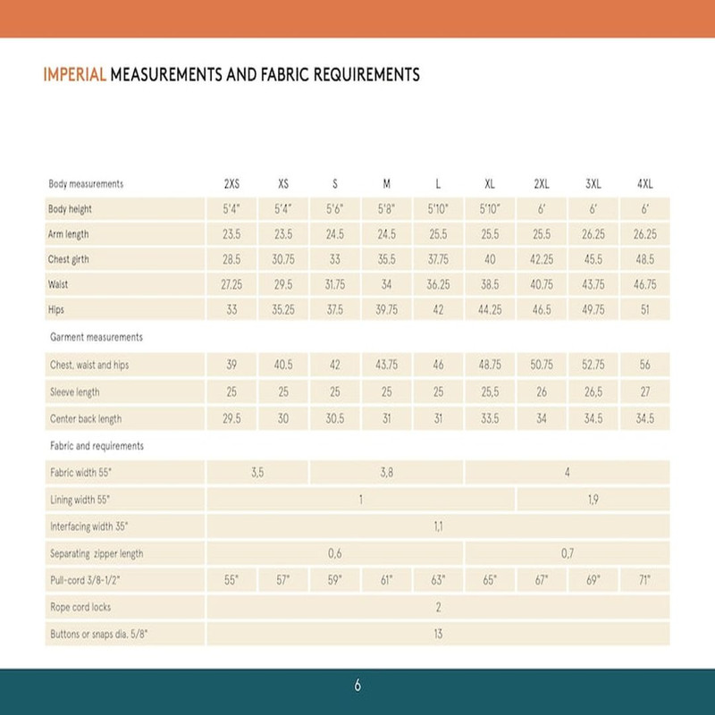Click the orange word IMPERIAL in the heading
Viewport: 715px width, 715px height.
pos(75,75)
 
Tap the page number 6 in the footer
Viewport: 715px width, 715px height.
pos(357,686)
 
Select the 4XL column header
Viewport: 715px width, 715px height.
pos(644,184)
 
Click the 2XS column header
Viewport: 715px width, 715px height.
pos(231,184)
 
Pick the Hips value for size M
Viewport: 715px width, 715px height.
pos(387,310)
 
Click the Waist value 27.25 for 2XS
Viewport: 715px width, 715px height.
pos(231,285)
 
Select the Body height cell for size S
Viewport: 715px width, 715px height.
pos(335,210)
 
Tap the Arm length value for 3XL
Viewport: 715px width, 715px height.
pos(593,235)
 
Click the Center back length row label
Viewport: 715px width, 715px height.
pos(86,418)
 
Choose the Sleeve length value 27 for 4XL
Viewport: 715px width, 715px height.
pos(644,392)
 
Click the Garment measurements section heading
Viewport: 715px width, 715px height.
pos(96,338)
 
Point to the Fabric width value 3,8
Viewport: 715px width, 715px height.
pos(387,473)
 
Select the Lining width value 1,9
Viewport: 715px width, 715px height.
pos(593,500)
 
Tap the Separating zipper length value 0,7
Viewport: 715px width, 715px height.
pos(567,553)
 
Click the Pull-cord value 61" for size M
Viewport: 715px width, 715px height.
pos(387,580)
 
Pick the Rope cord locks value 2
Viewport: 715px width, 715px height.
pos(438,608)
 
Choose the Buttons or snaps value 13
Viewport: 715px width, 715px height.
pos(438,635)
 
